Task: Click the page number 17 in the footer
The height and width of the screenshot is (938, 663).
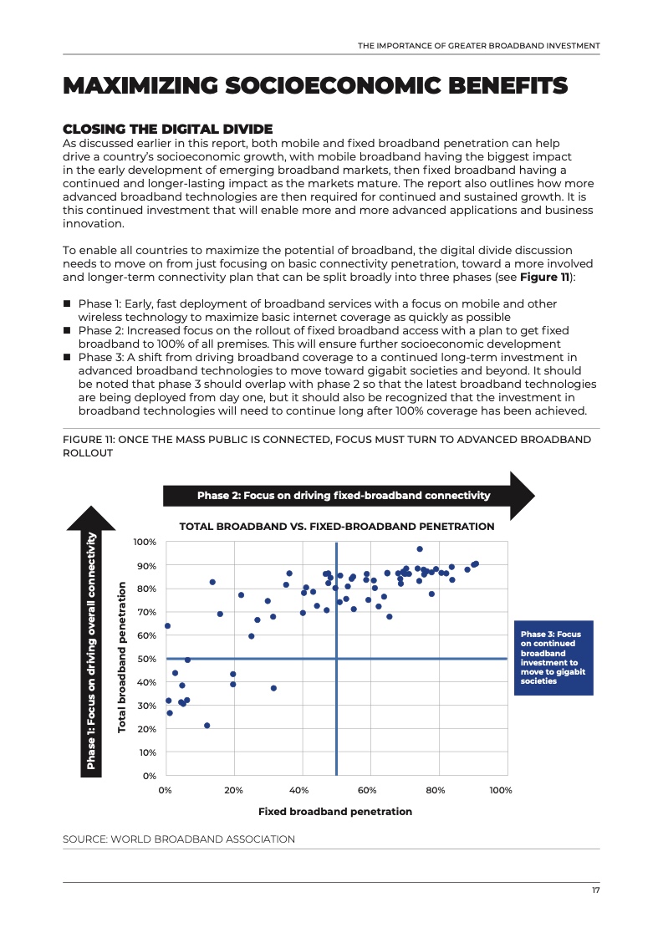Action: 595,890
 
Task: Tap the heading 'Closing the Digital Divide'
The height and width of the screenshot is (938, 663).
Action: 168,129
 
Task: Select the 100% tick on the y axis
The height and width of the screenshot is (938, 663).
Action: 145,543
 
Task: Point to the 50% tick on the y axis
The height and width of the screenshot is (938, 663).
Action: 147,659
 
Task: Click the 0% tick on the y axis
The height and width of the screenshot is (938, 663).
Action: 150,776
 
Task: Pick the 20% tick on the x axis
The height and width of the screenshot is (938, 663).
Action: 233,790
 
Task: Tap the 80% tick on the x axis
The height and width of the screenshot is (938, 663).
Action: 435,790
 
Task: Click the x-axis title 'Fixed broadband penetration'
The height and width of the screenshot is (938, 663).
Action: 334,811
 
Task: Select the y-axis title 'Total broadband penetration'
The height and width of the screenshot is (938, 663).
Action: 122,657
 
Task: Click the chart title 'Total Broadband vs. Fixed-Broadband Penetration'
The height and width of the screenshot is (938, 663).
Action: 337,527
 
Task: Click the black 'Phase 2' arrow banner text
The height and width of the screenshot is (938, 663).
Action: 343,496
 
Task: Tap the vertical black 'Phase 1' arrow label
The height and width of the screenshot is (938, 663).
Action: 91,652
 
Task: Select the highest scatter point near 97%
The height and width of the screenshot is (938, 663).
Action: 420,549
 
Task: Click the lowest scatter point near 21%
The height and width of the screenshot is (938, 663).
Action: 207,726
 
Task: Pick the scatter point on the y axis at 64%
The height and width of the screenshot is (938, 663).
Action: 167,625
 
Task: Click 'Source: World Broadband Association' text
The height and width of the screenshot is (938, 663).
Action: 179,839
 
